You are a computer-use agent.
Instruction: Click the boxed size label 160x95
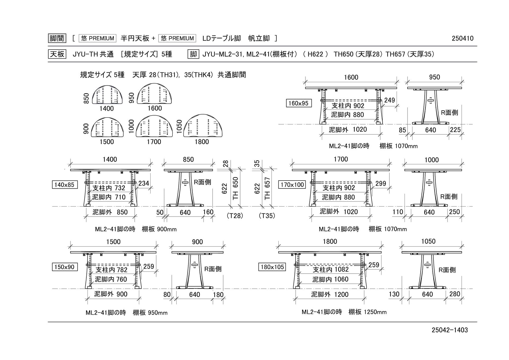click(299, 103)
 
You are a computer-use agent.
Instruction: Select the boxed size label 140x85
click(65, 185)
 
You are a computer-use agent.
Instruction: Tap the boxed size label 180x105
click(272, 267)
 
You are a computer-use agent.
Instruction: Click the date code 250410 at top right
click(463, 38)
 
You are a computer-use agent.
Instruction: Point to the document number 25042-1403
click(450, 330)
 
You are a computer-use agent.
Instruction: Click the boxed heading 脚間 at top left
click(57, 38)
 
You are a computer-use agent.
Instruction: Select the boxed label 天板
click(57, 54)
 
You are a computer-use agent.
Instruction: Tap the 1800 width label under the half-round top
click(202, 142)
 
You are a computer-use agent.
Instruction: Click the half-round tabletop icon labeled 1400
click(107, 95)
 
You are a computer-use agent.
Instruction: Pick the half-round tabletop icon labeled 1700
click(154, 126)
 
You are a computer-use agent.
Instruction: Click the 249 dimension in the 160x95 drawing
click(389, 100)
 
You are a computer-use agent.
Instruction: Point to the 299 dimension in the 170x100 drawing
click(381, 183)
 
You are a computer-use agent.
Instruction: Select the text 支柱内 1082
click(331, 270)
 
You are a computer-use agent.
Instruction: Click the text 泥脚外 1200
click(330, 295)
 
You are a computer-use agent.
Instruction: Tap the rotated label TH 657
click(267, 188)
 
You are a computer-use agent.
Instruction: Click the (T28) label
click(235, 216)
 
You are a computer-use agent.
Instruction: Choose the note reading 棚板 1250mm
click(367, 312)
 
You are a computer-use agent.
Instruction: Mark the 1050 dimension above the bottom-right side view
click(428, 242)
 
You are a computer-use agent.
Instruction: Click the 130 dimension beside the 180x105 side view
click(394, 294)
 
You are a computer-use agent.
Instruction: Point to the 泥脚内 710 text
click(109, 197)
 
